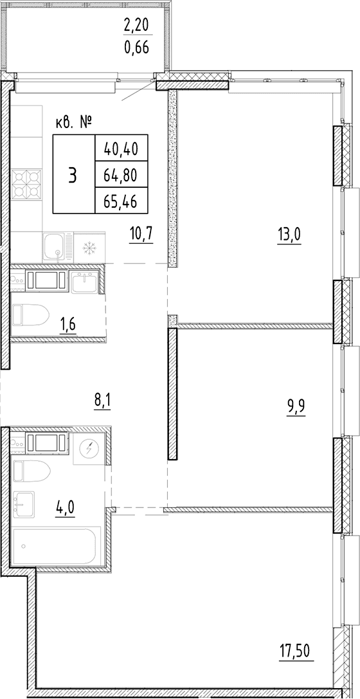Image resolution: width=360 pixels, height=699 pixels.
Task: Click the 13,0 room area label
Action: click(289, 235)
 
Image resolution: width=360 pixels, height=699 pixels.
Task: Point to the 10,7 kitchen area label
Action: click(141, 235)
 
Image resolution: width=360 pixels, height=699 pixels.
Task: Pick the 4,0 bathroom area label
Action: click(65, 508)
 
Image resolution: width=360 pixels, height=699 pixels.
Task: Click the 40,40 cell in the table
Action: click(120, 148)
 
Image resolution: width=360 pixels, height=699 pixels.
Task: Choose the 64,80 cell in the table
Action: click(120, 174)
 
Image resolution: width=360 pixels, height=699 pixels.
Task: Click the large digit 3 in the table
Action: click(73, 175)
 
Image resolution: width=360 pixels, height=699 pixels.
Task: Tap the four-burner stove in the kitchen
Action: click(27, 184)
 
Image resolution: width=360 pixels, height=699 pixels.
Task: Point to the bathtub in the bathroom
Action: click(57, 546)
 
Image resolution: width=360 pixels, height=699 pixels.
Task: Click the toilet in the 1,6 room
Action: click(30, 314)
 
